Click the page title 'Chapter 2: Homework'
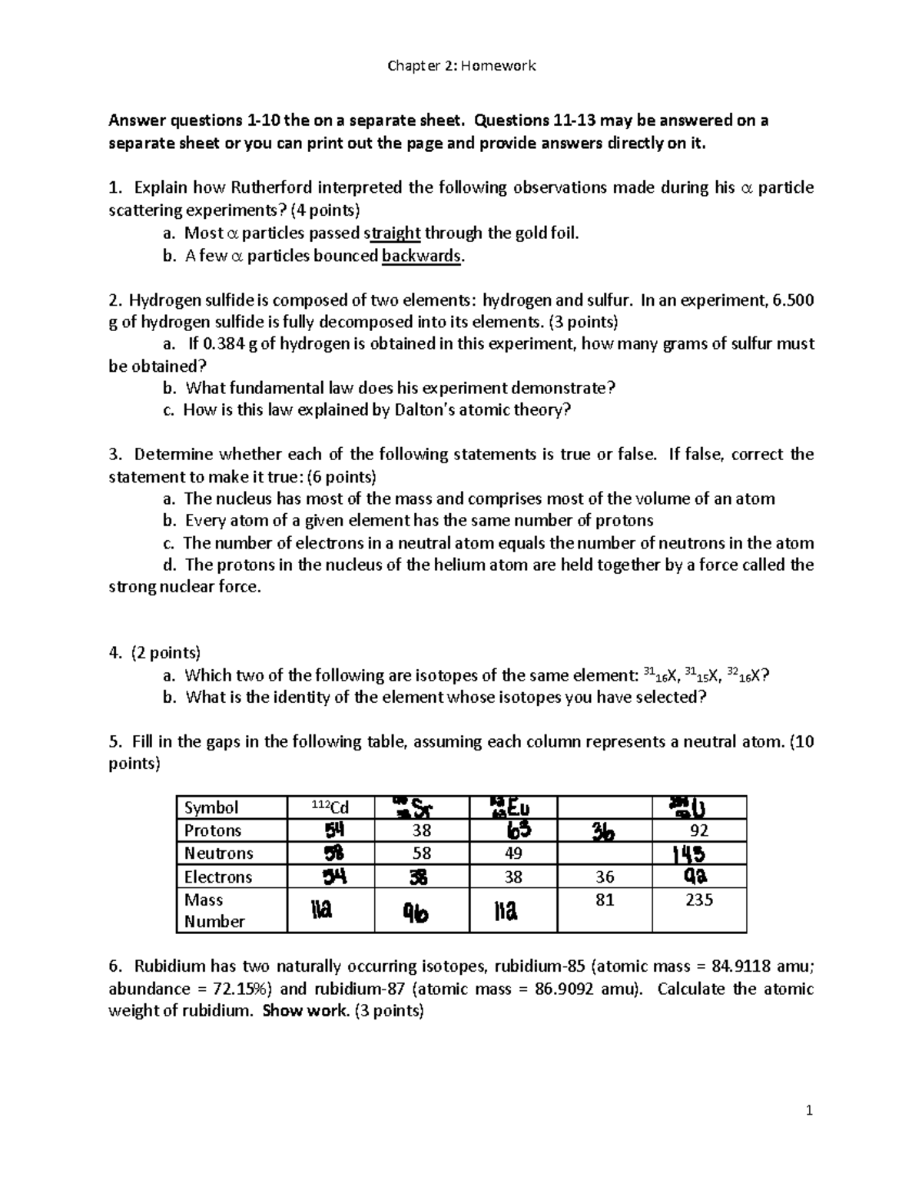(461, 65)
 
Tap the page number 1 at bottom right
(809, 1110)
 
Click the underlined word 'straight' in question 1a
(392, 234)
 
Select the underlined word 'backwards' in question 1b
(422, 257)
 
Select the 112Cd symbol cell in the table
(330, 807)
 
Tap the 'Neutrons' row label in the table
(218, 853)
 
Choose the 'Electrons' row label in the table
(218, 877)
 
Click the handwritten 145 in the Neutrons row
(689, 854)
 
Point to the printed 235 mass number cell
(699, 900)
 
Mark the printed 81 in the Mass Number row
(605, 900)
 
